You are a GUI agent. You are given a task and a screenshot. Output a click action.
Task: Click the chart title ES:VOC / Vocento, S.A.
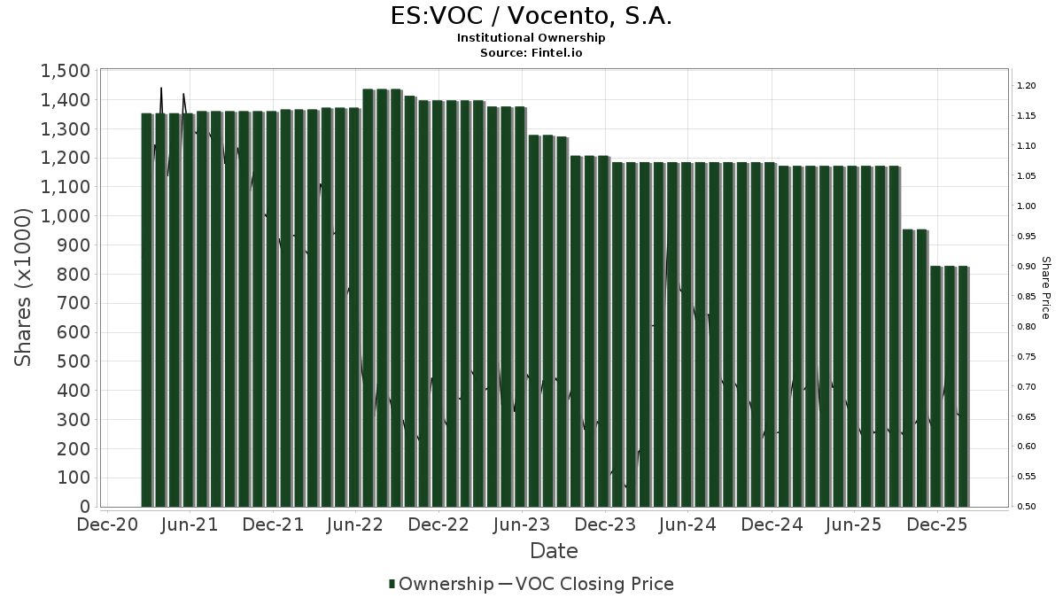click(x=531, y=17)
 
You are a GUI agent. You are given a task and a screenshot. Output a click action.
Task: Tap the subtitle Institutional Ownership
click(x=531, y=38)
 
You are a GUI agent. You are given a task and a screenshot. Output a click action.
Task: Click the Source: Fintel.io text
click(x=531, y=53)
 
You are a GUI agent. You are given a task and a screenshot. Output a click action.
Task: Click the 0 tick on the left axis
click(x=85, y=507)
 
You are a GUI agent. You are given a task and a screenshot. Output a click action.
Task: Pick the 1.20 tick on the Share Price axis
click(x=1027, y=86)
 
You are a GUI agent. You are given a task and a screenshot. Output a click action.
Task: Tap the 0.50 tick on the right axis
click(x=1027, y=507)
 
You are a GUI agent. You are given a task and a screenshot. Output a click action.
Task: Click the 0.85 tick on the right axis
click(x=1027, y=296)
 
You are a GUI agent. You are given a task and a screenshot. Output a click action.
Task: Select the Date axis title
click(x=554, y=551)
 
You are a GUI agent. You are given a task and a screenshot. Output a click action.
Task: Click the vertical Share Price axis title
click(x=1045, y=288)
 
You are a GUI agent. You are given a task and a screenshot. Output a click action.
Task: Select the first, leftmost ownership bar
click(x=147, y=310)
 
